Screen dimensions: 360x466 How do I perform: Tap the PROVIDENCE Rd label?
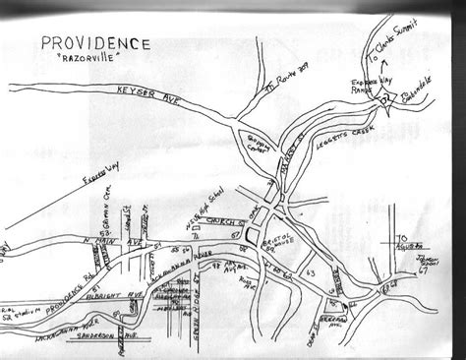click(59, 285)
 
